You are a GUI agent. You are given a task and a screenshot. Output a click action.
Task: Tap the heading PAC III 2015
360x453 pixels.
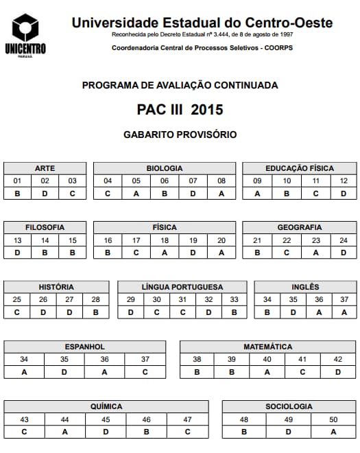click(x=180, y=109)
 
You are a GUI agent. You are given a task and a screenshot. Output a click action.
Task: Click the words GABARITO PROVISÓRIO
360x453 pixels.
click(x=180, y=135)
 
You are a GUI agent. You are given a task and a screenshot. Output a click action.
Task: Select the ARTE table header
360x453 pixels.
click(x=45, y=168)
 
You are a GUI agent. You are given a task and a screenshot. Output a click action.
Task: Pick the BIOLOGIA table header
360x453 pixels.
click(x=165, y=168)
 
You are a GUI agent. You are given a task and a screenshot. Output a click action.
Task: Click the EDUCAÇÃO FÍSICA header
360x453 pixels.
click(x=300, y=168)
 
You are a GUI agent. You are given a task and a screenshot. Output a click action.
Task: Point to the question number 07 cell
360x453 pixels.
click(x=193, y=181)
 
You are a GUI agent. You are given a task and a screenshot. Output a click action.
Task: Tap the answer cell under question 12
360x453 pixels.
click(x=344, y=194)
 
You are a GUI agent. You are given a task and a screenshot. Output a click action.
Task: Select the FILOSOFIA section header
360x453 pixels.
click(x=45, y=227)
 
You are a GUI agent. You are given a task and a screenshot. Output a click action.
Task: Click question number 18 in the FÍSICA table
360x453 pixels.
click(x=165, y=240)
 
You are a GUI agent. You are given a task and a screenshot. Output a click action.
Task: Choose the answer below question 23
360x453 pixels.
click(x=315, y=253)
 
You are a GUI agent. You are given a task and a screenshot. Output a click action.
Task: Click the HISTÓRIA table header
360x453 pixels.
click(x=56, y=287)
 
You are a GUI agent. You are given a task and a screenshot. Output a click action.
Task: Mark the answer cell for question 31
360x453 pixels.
click(x=182, y=312)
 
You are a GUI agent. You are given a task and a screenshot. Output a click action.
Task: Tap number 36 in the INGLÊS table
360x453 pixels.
click(x=318, y=299)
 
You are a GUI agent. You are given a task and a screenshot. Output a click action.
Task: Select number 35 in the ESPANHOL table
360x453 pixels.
click(x=64, y=359)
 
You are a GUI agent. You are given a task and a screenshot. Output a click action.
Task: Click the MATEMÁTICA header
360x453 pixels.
click(x=267, y=347)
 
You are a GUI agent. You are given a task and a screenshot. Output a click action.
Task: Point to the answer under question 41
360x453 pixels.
click(x=302, y=372)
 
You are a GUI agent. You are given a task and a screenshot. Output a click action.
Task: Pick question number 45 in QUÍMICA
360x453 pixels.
click(x=106, y=419)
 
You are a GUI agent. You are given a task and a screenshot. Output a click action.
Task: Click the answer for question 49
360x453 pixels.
click(x=289, y=432)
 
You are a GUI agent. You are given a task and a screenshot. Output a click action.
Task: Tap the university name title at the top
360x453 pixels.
click(x=202, y=23)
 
